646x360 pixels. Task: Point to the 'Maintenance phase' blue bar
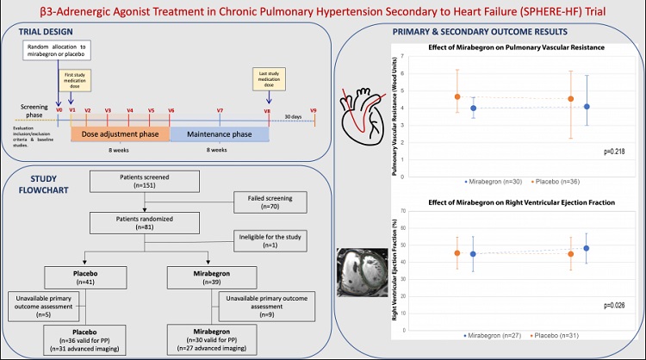[220, 133]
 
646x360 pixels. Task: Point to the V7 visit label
[221, 110]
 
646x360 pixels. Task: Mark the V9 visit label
[314, 110]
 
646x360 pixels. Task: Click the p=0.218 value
[612, 152]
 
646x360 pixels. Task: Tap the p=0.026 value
[612, 306]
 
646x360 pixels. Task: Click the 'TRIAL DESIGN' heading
[50, 30]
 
